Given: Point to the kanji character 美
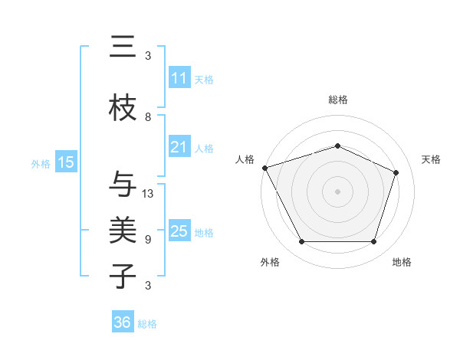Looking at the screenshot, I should (123, 230).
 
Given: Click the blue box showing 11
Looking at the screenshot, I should (179, 78).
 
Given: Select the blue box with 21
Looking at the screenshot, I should (179, 147).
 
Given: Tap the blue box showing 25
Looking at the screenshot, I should (179, 231).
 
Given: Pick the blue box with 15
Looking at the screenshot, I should (66, 162).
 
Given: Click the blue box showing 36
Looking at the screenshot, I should (123, 322).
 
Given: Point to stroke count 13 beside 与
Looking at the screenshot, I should (148, 194).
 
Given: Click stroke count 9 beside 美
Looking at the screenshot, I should (148, 239).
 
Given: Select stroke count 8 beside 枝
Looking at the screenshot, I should (148, 117).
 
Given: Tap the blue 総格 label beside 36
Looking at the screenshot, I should (148, 324).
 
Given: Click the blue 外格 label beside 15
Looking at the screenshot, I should (41, 163).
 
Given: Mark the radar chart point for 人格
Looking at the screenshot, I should (264, 168).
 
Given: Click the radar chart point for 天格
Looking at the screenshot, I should (396, 172).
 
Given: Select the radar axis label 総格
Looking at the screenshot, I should (338, 100).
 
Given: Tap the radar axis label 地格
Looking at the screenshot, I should (402, 262).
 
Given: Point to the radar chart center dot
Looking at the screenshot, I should (338, 191).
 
